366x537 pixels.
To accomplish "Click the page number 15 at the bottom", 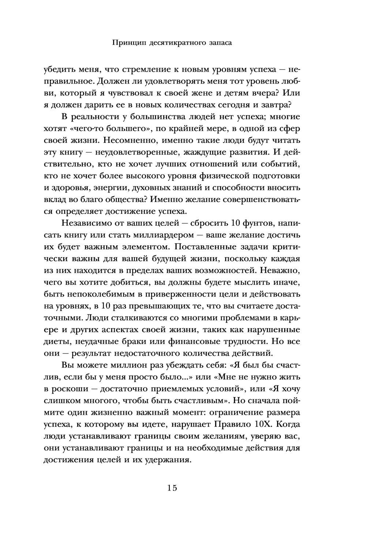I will [x=172, y=488].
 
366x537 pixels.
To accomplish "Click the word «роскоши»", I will [x=72, y=389].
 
